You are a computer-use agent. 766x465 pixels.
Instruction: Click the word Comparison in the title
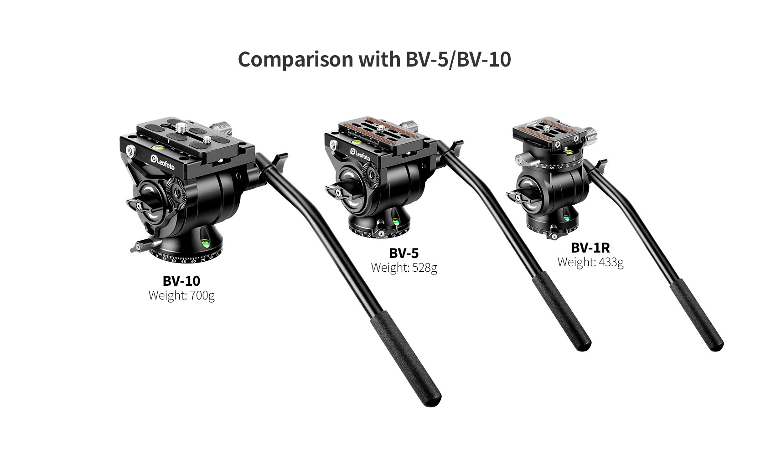click(x=295, y=59)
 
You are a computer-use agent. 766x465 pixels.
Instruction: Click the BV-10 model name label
click(x=181, y=281)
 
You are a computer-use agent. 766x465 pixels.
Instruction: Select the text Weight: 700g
click(x=181, y=295)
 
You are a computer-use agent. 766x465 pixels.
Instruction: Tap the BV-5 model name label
click(x=404, y=253)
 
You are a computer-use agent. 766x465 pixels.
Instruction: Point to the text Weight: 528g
click(x=404, y=267)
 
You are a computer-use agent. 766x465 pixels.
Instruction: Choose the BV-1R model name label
click(x=590, y=248)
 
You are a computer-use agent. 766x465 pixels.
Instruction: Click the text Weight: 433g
click(x=590, y=262)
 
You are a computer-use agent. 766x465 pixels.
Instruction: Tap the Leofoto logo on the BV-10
click(x=163, y=162)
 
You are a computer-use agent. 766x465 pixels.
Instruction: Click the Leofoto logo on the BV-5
click(x=360, y=154)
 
